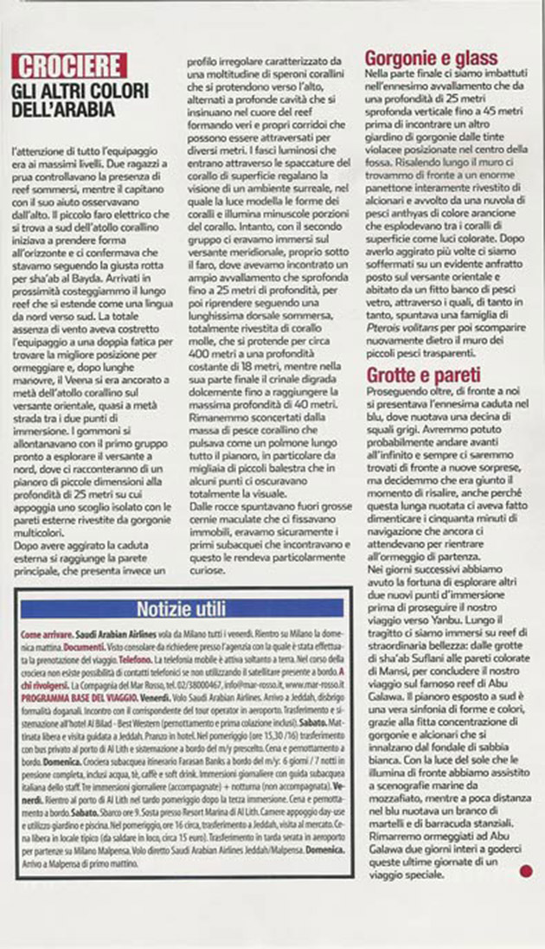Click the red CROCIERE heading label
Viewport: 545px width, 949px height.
(70, 65)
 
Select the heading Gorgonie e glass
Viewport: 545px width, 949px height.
(432, 59)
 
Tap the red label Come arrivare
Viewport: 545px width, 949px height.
(43, 634)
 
